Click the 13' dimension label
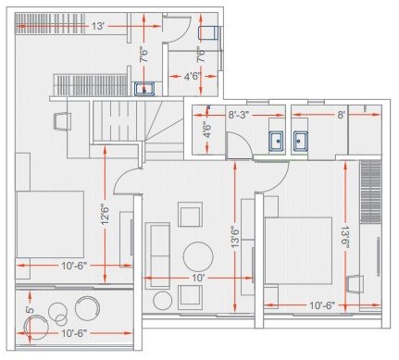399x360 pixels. click(97, 26)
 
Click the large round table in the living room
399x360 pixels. click(197, 254)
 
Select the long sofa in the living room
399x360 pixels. click(157, 250)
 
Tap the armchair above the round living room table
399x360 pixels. click(191, 216)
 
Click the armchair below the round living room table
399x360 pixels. click(191, 296)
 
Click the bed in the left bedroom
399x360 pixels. click(50, 224)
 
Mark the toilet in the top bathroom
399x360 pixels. click(208, 33)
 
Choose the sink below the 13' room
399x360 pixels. click(143, 90)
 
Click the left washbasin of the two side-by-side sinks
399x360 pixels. click(276, 142)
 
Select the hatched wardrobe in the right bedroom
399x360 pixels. click(369, 190)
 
